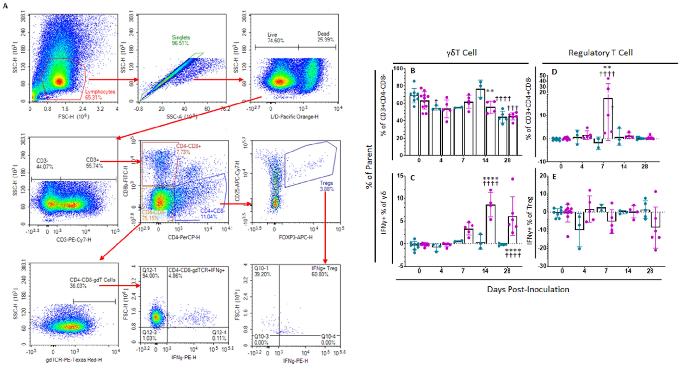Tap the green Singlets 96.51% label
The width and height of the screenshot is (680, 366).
[x=181, y=40]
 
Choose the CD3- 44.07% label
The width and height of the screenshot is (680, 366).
[x=44, y=164]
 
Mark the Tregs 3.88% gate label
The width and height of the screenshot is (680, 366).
[x=327, y=186]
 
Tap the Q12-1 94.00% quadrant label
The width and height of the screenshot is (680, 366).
[x=151, y=273]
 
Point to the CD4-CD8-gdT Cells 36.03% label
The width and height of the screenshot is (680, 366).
[x=92, y=283]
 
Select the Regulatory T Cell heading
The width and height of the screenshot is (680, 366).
[x=600, y=53]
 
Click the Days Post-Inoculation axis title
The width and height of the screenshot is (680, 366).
[x=528, y=289]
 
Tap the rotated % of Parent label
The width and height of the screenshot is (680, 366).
[x=369, y=166]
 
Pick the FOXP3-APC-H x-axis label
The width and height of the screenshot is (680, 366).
[x=295, y=237]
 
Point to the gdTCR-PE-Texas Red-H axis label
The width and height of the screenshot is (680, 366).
[x=74, y=359]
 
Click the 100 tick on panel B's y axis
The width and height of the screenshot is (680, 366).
[x=398, y=69]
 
